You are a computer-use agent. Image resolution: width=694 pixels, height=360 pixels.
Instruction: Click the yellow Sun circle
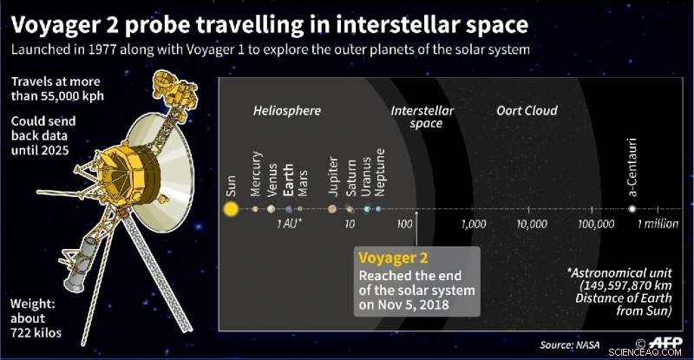[x=230, y=208]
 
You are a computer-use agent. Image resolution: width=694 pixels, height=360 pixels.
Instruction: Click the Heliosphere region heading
[x=287, y=111]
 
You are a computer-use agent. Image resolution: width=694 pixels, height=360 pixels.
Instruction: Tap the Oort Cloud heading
[x=527, y=111]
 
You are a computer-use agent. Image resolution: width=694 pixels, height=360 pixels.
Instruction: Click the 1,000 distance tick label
[x=475, y=224]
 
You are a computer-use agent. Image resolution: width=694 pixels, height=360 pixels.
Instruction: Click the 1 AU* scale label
[x=290, y=225]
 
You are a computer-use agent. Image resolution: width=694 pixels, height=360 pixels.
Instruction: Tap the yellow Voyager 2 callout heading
[x=394, y=258]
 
